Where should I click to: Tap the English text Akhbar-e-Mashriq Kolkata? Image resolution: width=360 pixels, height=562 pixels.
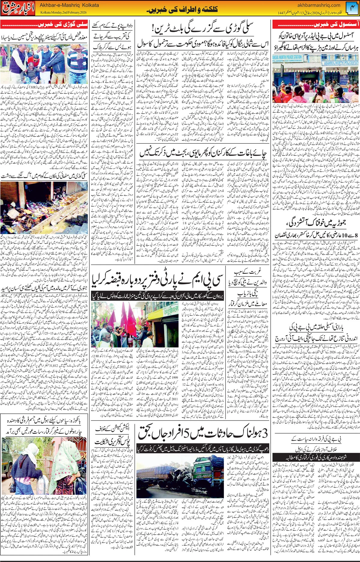(69, 5)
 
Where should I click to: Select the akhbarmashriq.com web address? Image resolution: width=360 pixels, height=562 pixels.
(319, 5)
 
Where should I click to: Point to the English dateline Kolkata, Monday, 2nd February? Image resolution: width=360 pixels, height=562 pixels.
(63, 13)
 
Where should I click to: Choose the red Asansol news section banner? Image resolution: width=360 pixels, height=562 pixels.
(316, 24)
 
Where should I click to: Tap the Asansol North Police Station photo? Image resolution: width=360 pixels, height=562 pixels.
(316, 79)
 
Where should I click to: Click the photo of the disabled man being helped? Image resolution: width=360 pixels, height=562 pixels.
(44, 65)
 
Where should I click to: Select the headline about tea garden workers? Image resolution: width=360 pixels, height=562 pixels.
(202, 153)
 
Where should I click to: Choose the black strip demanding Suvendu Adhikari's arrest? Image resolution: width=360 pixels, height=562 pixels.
(316, 457)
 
